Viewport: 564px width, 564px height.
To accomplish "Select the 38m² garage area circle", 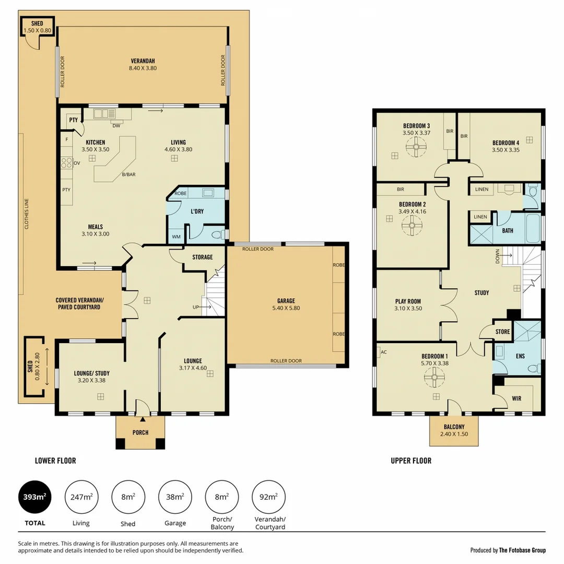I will pos(175,497).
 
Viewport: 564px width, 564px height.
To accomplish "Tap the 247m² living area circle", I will pos(81,497).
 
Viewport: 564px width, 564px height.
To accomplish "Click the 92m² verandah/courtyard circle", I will pos(268,497).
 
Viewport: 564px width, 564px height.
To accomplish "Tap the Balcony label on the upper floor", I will pos(454,427).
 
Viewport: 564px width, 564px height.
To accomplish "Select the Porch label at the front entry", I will pos(140,432).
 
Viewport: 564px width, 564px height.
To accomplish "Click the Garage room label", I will pos(286,301).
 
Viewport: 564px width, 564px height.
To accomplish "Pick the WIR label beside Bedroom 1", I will pos(516,398).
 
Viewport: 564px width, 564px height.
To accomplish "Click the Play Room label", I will pos(408,301).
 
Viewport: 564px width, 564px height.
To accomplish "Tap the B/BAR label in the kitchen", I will pos(128,174).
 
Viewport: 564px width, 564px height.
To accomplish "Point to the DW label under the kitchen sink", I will pos(116,125).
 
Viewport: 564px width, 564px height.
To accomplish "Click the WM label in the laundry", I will pos(176,237).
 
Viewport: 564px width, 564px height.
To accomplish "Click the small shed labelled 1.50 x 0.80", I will pos(37,27).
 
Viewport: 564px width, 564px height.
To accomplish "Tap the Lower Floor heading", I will pos(55,461).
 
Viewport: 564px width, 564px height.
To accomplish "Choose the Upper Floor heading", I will pos(411,461).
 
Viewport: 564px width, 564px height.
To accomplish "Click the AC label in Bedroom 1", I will pos(383,352).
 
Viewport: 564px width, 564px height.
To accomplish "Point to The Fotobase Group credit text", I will pos(522,550).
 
